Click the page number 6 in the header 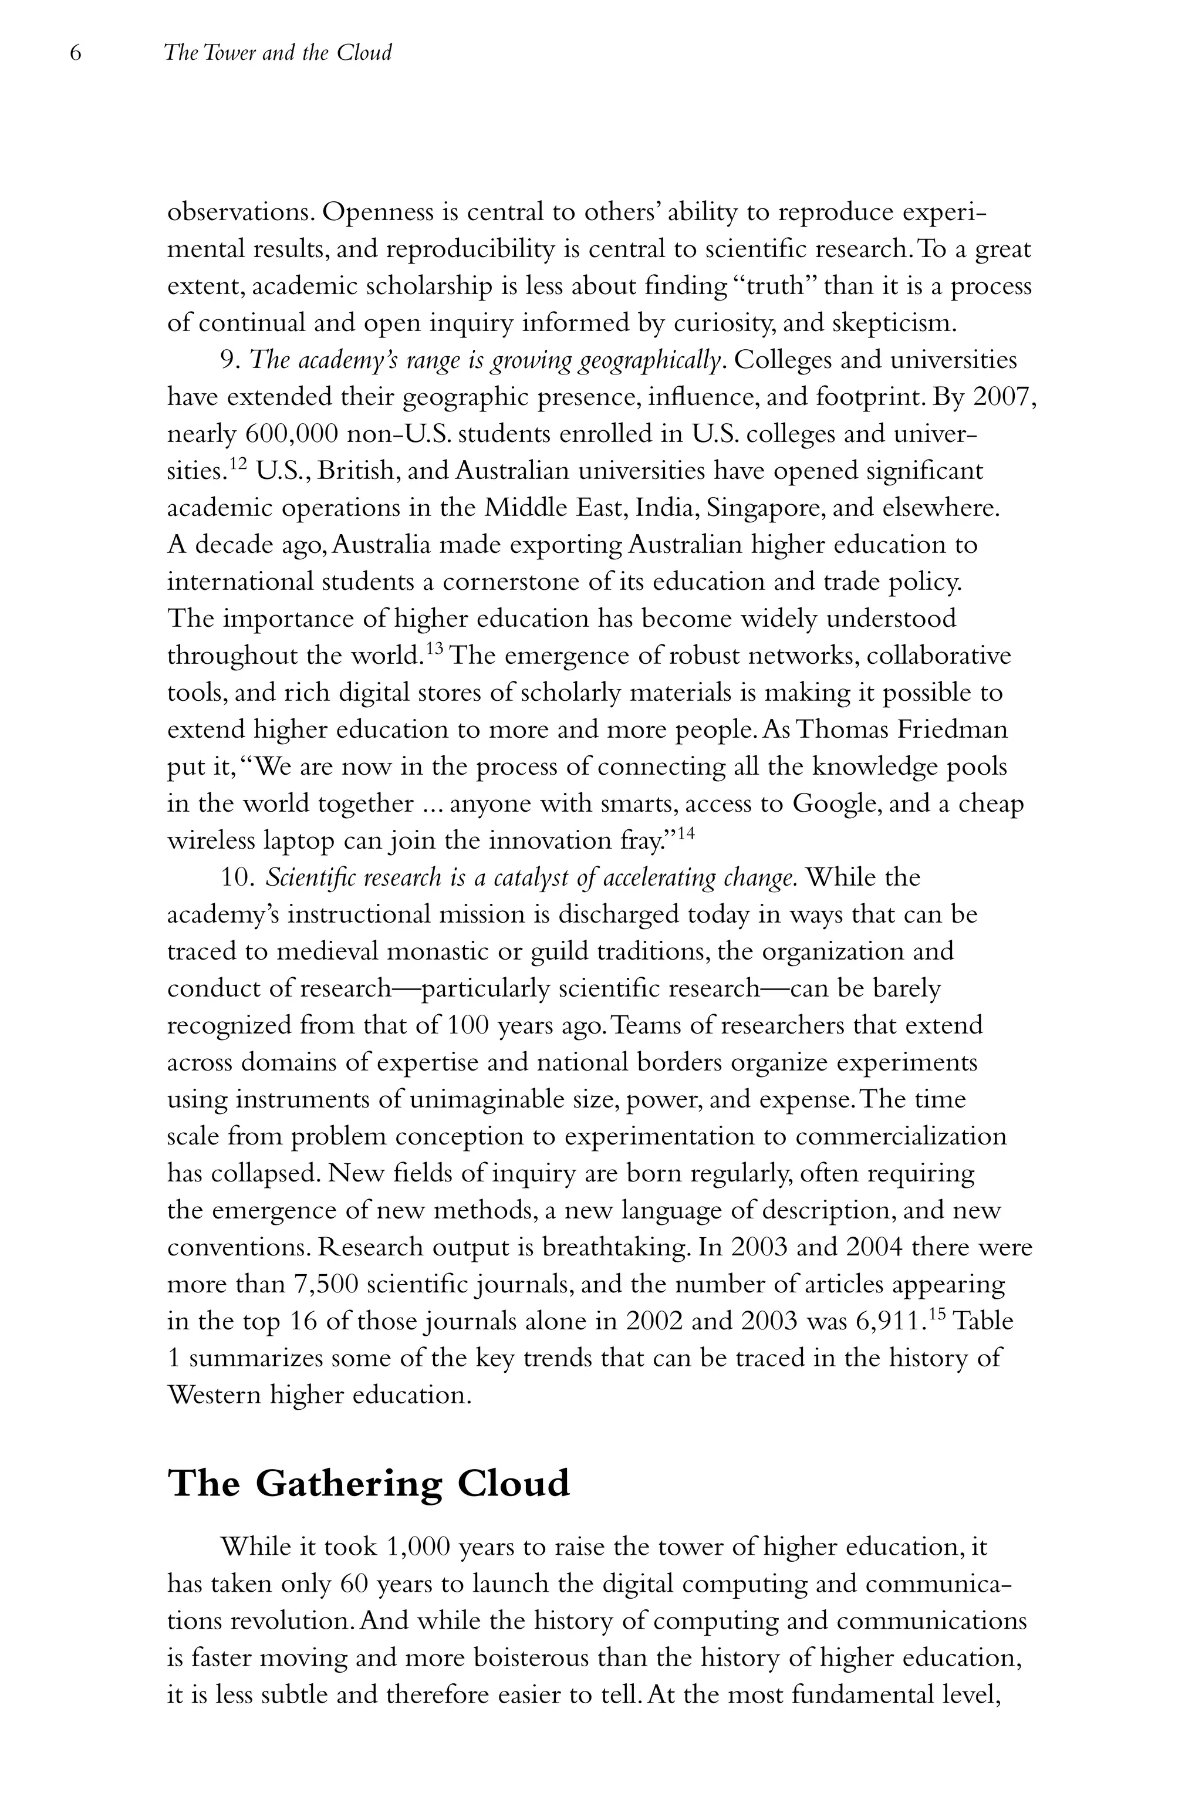[75, 53]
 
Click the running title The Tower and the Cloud [278, 53]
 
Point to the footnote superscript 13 [434, 649]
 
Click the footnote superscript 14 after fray [686, 833]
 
